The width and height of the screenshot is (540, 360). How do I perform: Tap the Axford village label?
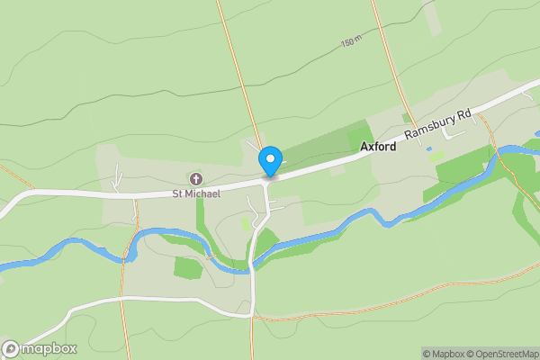point(378,146)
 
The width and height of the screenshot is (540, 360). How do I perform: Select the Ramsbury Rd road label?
point(438,125)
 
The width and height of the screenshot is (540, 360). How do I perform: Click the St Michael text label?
point(190,193)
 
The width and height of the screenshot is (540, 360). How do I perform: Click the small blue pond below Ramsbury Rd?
point(428,148)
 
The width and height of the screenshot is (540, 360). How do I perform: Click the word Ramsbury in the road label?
point(430,129)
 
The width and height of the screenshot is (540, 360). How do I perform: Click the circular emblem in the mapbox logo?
point(11,349)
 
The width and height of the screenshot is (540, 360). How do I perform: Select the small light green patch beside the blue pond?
point(438,157)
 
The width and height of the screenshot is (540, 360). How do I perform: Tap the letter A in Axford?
point(364,146)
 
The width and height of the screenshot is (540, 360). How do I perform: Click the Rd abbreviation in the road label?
point(464,115)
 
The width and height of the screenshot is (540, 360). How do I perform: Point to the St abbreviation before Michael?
point(177,193)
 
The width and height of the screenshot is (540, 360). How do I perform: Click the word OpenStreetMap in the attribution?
point(506,354)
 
